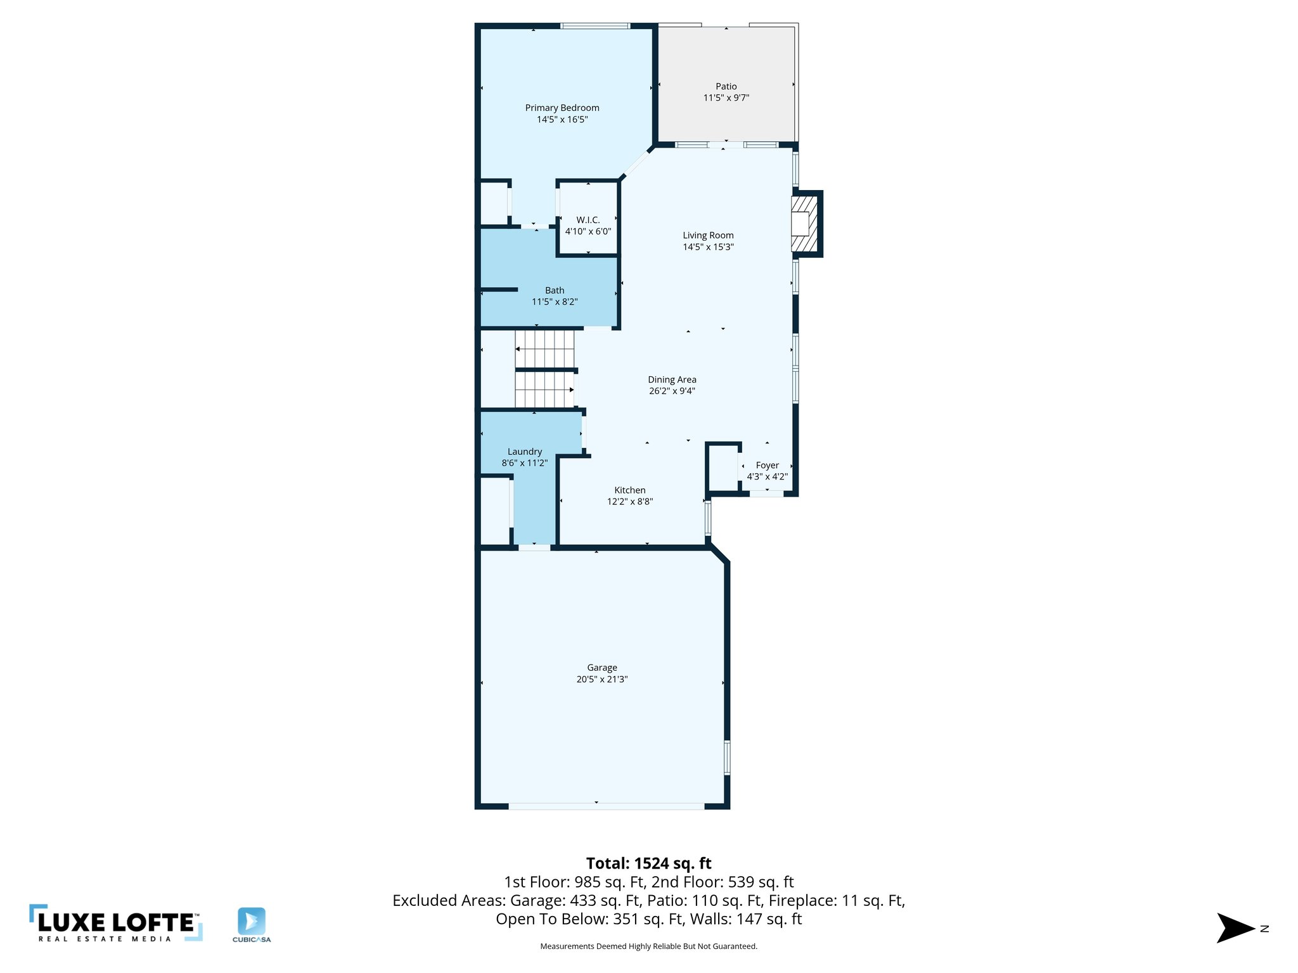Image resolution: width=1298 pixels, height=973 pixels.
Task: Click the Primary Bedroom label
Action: tap(562, 108)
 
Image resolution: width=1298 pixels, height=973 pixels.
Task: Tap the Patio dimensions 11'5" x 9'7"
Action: tap(726, 98)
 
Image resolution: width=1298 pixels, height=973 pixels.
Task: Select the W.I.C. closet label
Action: tap(588, 220)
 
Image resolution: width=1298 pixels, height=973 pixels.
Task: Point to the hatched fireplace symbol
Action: tap(804, 224)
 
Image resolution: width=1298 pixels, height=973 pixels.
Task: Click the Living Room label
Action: tap(707, 235)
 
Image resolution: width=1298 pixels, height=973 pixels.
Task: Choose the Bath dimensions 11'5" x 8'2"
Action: tap(554, 302)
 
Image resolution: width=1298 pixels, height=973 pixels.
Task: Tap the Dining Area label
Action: tap(671, 379)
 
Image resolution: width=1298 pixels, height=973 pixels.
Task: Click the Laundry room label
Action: tap(524, 452)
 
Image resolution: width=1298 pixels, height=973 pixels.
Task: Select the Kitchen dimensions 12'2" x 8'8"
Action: tap(629, 501)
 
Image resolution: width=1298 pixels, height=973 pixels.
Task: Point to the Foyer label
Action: tap(767, 465)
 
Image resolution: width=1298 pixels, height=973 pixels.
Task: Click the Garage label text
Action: tap(601, 668)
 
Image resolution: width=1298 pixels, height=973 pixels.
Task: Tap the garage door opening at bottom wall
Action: tap(605, 806)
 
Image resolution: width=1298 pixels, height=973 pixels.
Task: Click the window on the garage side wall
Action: tap(727, 757)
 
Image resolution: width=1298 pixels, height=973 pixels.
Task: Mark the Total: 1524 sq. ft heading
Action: tap(648, 863)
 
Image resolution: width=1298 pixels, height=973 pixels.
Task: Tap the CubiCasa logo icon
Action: tap(252, 921)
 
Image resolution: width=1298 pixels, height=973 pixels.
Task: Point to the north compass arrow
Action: tap(1235, 928)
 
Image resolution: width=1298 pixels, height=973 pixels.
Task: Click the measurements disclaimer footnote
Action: tap(648, 946)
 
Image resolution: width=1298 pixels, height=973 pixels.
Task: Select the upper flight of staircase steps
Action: tap(544, 349)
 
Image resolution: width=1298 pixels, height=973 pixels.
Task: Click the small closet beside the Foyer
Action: tap(723, 468)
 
